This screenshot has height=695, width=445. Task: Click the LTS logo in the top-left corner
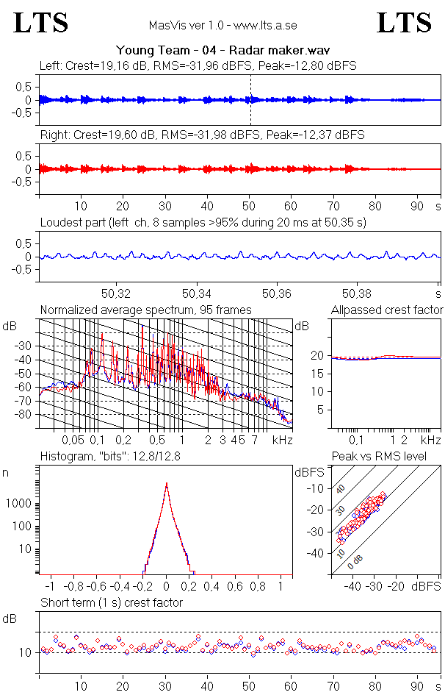[41, 23]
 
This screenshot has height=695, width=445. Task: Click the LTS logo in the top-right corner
[404, 23]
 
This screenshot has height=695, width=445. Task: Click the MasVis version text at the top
[222, 25]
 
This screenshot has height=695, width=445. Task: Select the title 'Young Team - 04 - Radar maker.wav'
[222, 50]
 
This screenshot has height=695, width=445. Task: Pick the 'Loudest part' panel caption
[203, 221]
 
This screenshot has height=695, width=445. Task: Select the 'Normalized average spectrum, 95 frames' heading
[145, 310]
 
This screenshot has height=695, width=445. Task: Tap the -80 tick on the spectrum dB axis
[24, 415]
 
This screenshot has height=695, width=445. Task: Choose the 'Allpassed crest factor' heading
[387, 310]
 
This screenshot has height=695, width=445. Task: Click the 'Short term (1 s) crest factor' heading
[111, 602]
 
